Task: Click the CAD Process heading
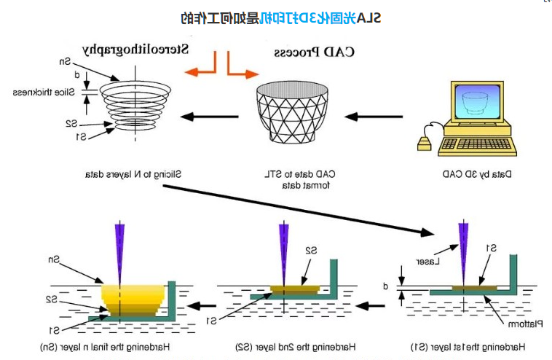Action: click(x=315, y=52)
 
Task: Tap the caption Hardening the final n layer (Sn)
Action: click(x=106, y=346)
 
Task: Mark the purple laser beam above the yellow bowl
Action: click(x=117, y=248)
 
